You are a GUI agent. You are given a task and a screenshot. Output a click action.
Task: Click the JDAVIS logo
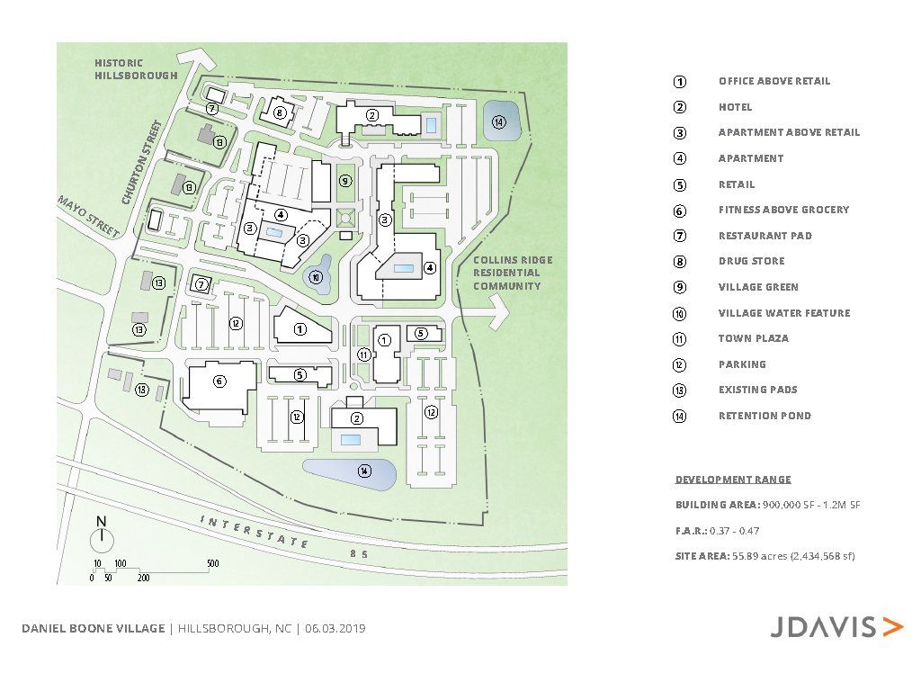[836, 627]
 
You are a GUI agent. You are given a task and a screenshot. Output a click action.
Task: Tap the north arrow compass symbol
[102, 534]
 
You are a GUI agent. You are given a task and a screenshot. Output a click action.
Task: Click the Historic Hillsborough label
[136, 68]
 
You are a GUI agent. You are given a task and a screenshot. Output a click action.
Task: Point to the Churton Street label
[141, 162]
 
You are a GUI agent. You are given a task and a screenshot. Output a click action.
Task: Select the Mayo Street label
[88, 217]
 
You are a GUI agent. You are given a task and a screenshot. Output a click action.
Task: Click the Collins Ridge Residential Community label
[513, 273]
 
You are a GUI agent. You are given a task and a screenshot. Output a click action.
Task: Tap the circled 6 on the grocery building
[219, 381]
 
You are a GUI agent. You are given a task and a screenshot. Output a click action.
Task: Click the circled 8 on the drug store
[280, 112]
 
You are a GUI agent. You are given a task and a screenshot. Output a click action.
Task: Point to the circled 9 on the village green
[345, 180]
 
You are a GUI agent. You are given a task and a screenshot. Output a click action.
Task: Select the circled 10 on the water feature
[316, 277]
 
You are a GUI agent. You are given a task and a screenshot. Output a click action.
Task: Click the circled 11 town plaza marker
[363, 354]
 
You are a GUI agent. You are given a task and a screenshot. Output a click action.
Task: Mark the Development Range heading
[733, 480]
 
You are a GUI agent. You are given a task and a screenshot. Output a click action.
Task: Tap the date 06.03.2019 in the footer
[335, 628]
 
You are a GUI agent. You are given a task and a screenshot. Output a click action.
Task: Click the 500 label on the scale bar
[212, 563]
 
